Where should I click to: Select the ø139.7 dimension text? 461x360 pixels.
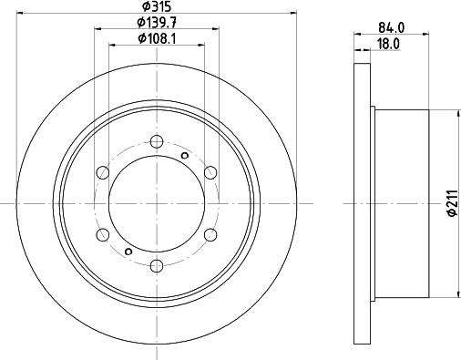(157, 23)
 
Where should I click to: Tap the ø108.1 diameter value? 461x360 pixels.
(157, 38)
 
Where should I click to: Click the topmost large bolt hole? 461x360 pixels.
(157, 141)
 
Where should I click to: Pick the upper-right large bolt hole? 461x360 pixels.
(210, 172)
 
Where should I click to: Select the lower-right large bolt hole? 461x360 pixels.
(210, 234)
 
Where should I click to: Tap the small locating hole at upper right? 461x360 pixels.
(185, 156)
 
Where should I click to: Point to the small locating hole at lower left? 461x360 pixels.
(128, 251)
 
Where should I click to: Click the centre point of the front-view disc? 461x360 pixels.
(157, 203)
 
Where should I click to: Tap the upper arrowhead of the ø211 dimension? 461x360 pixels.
(456, 113)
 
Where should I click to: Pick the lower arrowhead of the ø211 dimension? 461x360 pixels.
(456, 293)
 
